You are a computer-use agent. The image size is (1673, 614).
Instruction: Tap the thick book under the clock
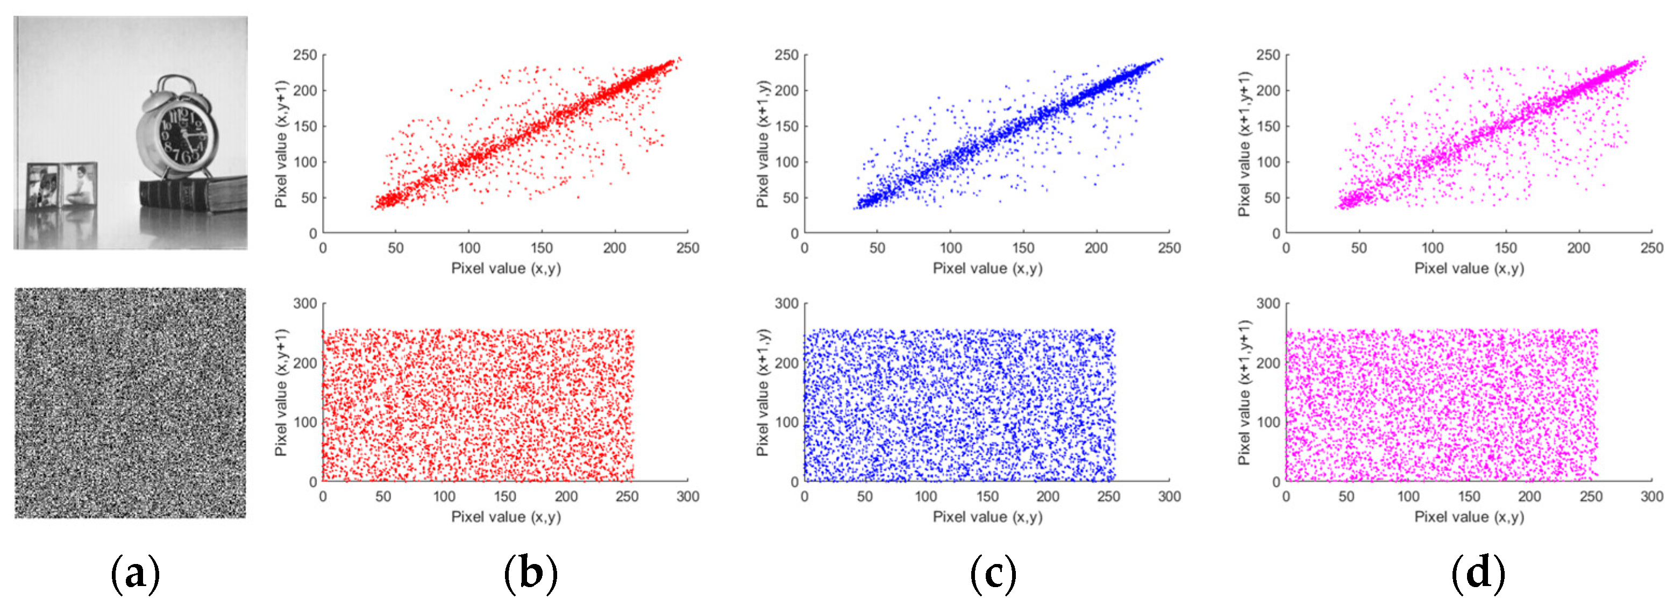[194, 195]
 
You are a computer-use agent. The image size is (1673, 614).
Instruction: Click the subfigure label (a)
[135, 574]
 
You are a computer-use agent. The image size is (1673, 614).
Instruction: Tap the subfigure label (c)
[993, 574]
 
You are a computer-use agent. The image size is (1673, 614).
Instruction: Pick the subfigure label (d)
[1477, 574]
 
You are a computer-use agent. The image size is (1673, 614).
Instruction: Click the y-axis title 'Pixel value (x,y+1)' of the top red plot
[281, 144]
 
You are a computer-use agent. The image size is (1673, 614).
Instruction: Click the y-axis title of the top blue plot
[763, 144]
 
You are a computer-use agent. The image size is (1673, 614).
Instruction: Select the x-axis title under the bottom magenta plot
[1469, 517]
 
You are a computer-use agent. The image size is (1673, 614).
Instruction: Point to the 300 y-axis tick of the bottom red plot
[304, 303]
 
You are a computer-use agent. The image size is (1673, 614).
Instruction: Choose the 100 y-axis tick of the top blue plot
[787, 162]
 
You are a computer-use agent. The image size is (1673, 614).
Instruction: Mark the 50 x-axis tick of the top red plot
[395, 248]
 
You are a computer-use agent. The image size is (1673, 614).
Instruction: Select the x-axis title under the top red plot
[506, 268]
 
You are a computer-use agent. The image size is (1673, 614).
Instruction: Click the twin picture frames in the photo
[62, 185]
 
